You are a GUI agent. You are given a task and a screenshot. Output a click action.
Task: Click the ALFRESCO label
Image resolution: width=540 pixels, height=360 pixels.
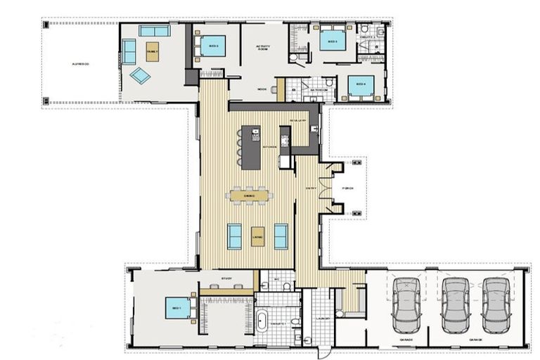[x=79, y=64]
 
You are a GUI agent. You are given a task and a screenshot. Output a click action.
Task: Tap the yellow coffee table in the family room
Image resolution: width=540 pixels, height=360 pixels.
[x=152, y=51]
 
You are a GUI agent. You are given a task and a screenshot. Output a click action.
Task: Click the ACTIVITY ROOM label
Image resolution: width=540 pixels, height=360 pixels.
[x=263, y=49]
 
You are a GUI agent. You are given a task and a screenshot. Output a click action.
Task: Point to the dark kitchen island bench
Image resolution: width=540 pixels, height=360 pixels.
[x=251, y=147]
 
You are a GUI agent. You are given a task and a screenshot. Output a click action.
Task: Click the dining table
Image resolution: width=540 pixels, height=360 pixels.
[x=248, y=195]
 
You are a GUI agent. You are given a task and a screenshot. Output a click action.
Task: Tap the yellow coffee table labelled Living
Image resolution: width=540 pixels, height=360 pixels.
[x=258, y=237]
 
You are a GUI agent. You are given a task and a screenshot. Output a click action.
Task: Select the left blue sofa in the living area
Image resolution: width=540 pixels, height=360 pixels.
[x=235, y=236]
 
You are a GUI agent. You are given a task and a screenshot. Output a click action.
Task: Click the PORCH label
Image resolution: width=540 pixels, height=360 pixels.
[x=347, y=188]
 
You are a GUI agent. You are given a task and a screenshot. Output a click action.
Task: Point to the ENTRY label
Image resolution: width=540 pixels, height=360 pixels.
[x=309, y=188]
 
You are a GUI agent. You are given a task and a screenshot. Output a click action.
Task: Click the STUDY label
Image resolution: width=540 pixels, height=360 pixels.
[x=226, y=279]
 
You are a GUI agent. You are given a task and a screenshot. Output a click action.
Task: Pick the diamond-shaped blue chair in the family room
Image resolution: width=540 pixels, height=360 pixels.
[x=140, y=75]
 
